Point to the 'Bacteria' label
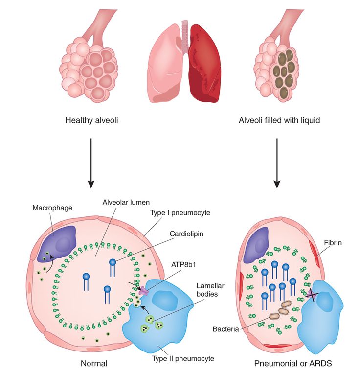click(225, 329)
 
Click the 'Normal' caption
click(93, 364)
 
